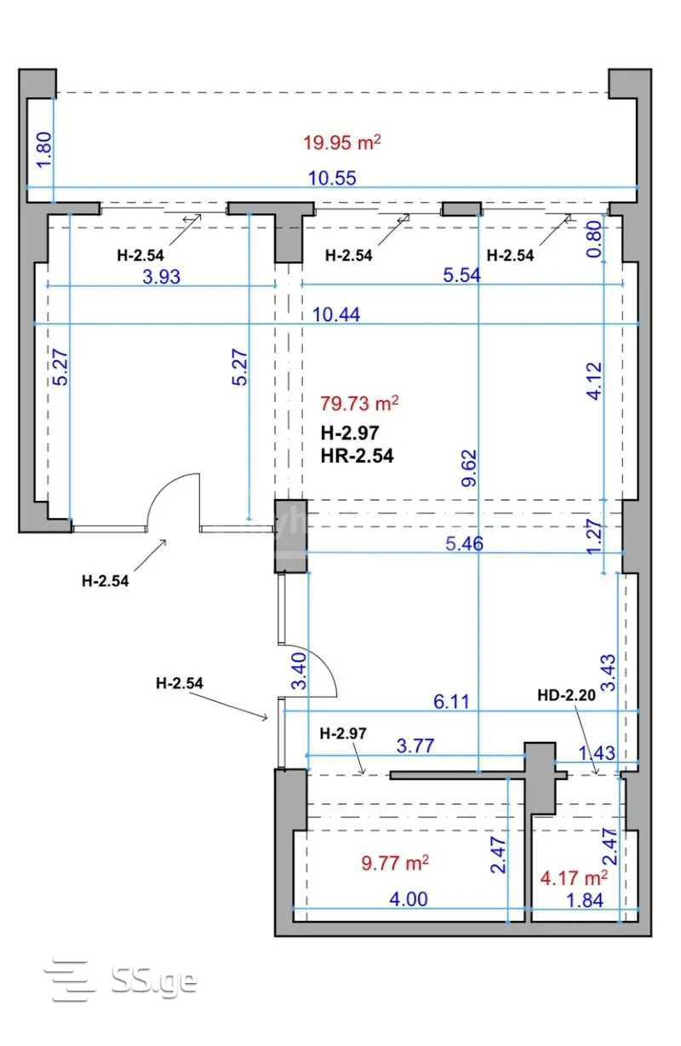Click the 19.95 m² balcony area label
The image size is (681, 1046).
[341, 142]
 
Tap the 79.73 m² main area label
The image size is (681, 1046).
[359, 403]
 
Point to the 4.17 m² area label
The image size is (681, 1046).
[574, 878]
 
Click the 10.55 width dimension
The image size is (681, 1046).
[332, 178]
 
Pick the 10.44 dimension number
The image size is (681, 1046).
[336, 314]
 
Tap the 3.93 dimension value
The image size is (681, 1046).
[161, 277]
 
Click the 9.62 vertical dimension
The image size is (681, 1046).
[469, 468]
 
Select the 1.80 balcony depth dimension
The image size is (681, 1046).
[44, 150]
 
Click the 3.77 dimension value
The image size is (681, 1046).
[415, 745]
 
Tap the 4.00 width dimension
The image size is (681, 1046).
[409, 899]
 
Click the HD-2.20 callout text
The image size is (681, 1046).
[566, 696]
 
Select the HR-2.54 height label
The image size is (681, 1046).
[357, 456]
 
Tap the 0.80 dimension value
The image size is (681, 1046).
[594, 239]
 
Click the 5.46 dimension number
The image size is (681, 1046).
[465, 543]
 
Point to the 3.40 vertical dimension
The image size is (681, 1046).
[299, 671]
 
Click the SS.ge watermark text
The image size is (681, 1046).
[154, 980]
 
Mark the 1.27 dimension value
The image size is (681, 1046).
[595, 537]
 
